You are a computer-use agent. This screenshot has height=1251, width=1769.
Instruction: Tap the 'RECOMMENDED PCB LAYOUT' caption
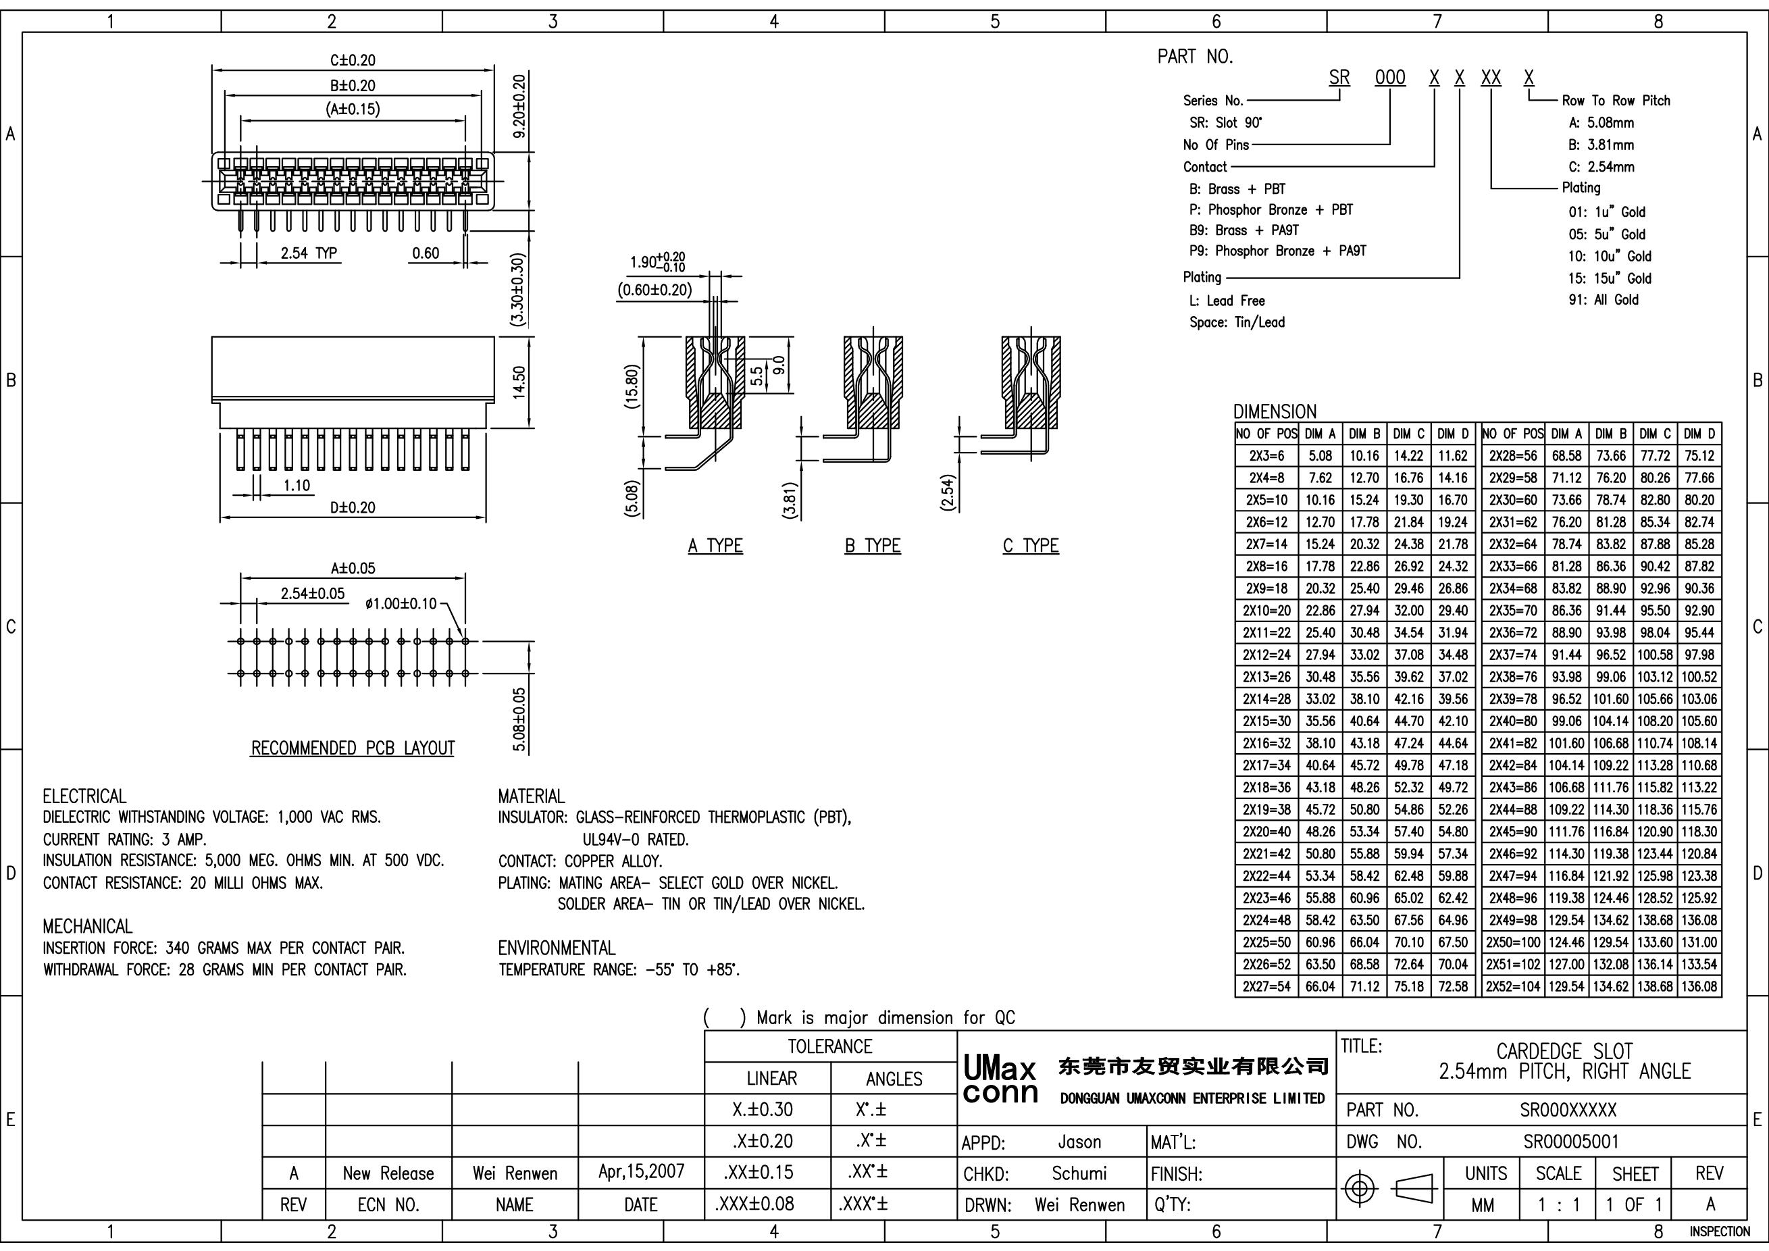(353, 748)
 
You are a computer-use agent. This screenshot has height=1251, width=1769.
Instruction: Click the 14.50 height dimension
(519, 382)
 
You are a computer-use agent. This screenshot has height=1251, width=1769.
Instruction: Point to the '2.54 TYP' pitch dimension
(309, 253)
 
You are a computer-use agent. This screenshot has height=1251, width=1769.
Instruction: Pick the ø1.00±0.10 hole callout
(401, 603)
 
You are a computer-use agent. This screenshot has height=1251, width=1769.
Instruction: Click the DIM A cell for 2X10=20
(1320, 611)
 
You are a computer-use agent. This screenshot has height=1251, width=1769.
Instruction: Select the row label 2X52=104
(1513, 986)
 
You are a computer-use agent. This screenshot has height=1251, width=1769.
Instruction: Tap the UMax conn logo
(1000, 1081)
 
